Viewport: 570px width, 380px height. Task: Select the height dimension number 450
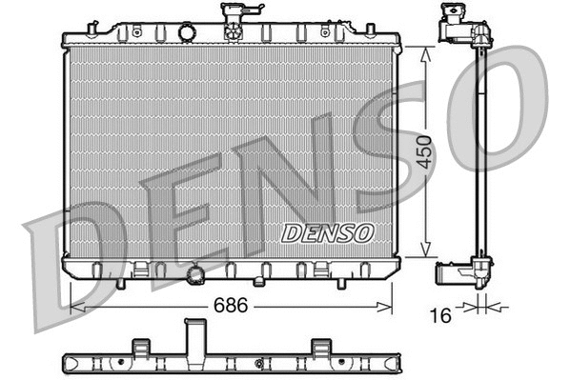[426, 152]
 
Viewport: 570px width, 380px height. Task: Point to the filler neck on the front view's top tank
[231, 20]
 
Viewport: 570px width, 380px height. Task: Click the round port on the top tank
[187, 33]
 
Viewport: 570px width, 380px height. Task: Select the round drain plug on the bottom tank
[196, 276]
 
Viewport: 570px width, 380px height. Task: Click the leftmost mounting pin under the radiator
[120, 283]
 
